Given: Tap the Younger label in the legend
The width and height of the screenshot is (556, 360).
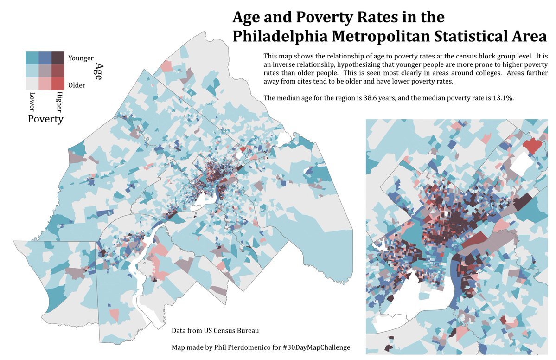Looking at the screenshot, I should [x=81, y=58].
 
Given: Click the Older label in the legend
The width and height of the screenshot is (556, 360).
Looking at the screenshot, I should [x=77, y=85].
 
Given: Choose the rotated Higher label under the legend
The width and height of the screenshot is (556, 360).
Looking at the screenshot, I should [x=58, y=103].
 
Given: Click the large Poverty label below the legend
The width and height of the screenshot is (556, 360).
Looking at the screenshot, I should [x=45, y=119].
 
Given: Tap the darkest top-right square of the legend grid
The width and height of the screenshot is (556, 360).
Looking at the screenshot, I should [x=58, y=58].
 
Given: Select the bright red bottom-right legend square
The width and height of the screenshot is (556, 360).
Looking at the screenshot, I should [x=58, y=83].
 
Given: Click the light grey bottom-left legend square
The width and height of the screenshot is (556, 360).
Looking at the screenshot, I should [x=32, y=83].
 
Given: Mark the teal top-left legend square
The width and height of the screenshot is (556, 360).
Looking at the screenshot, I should [x=32, y=58].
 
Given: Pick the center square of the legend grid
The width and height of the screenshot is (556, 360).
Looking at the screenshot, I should [x=45, y=71].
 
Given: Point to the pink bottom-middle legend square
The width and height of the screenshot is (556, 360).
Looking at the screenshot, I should [x=45, y=83].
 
